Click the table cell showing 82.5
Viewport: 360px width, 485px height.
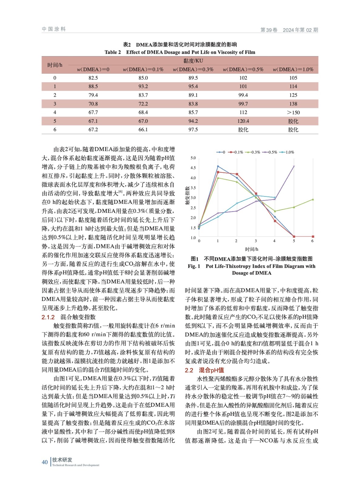click(x=93, y=78)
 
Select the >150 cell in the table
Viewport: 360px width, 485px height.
click(x=293, y=112)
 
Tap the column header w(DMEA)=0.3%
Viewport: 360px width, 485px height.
click(x=193, y=69)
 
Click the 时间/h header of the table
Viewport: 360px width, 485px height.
click(x=55, y=65)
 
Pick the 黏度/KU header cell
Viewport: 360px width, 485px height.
click(x=193, y=61)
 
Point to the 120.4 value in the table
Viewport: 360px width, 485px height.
click(x=243, y=121)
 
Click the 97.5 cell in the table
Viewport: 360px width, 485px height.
click(x=193, y=129)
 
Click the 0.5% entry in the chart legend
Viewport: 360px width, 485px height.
click(x=273, y=152)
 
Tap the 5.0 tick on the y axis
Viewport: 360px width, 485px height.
click(x=193, y=158)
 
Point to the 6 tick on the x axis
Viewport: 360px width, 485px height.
click(x=312, y=241)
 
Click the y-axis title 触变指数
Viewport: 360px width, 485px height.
click(x=187, y=196)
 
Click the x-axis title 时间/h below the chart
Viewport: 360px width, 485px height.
click(x=252, y=249)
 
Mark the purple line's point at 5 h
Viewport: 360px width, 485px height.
click(x=294, y=166)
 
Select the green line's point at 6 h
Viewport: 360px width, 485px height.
click(x=313, y=199)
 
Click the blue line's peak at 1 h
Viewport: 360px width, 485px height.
click(x=218, y=166)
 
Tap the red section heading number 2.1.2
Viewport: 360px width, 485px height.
click(x=48, y=317)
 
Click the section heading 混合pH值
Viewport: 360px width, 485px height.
click(x=211, y=370)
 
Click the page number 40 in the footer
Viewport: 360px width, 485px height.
click(x=45, y=462)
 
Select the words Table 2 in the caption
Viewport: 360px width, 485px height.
click(x=113, y=52)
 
